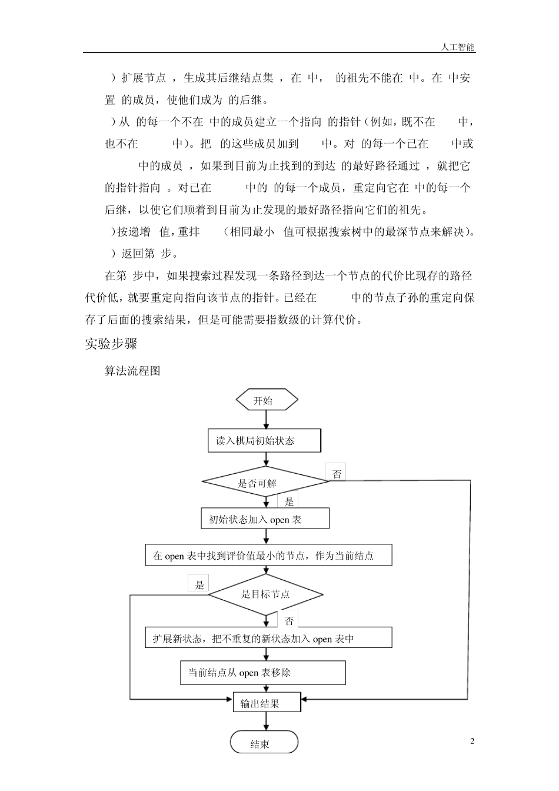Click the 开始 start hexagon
pos(267,401)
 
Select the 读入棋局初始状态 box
pos(264,440)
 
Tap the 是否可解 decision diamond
pos(265,482)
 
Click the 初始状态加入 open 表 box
pos(265,519)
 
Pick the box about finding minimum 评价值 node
pos(268,556)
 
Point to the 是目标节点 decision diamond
pos(266,594)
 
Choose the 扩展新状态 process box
pos(268,638)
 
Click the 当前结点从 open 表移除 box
pos(262,673)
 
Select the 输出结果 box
pos(267,703)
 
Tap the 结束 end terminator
pos(264,743)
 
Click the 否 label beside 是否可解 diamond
pos(337,474)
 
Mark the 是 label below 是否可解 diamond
pos(289,501)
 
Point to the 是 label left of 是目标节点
pos(199,584)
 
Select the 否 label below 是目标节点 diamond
pos(289,620)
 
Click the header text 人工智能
pos(458,47)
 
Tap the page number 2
pos(473,741)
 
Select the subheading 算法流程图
pos(132,371)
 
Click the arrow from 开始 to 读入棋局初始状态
pos(267,420)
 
